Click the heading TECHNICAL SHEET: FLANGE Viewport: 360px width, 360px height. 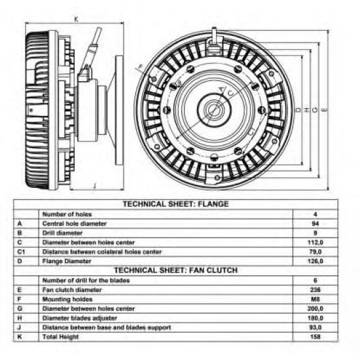(x=176, y=204)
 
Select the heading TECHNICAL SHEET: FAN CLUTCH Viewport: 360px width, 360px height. (x=176, y=270)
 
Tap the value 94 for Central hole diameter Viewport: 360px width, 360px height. (x=315, y=224)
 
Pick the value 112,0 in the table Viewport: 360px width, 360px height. (x=315, y=242)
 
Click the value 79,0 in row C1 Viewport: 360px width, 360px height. (x=315, y=252)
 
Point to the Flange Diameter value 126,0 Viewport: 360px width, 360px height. (x=315, y=261)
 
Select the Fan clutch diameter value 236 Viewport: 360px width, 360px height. (x=315, y=290)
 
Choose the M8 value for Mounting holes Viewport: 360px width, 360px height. (x=315, y=299)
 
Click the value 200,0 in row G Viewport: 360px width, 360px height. (x=315, y=308)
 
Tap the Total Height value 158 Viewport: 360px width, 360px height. (x=315, y=337)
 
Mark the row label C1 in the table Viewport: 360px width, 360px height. (x=21, y=252)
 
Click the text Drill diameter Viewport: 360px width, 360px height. (x=62, y=233)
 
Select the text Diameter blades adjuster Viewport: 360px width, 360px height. (x=80, y=318)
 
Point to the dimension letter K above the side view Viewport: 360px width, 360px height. (x=76, y=20)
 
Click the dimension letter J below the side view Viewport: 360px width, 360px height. (x=94, y=185)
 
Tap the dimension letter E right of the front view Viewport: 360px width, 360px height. (x=325, y=110)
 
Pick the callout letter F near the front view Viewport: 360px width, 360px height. (x=140, y=67)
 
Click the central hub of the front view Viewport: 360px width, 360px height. (x=214, y=110)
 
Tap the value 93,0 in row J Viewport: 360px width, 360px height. (x=315, y=327)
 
